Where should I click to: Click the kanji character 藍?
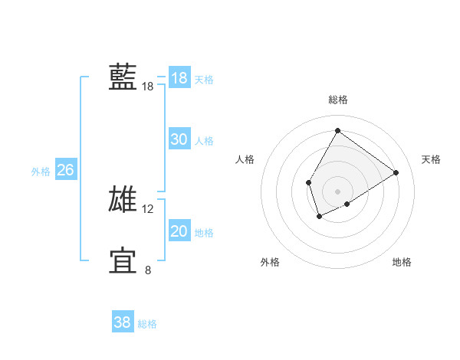(x=123, y=77)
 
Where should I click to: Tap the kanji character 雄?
(x=123, y=199)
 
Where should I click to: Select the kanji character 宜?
(x=123, y=260)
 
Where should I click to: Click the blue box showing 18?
(x=179, y=78)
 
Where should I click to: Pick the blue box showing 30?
(x=179, y=139)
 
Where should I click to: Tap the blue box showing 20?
(x=179, y=231)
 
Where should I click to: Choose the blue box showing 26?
(x=65, y=170)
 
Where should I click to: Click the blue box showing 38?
(x=122, y=322)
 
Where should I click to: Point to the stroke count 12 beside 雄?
(x=148, y=208)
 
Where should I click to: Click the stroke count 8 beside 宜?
(x=148, y=270)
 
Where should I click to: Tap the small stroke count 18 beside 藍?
(x=148, y=87)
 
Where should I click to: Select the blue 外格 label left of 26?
(x=41, y=172)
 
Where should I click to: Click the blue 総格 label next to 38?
(x=147, y=324)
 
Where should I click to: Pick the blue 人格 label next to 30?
(x=204, y=141)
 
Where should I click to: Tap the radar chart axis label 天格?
(x=431, y=159)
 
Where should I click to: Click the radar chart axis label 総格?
(x=337, y=100)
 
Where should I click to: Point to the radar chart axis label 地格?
(x=402, y=263)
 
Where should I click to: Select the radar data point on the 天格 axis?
(x=396, y=172)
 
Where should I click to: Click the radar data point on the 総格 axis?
(x=337, y=130)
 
